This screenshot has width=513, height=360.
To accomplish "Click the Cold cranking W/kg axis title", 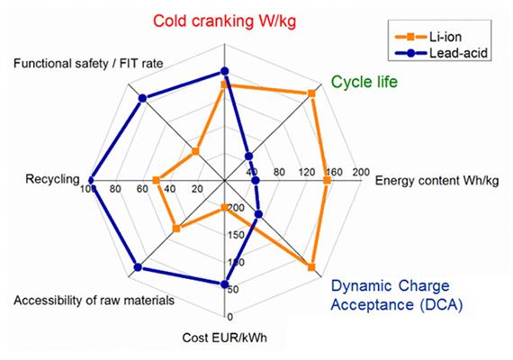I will pyautogui.click(x=226, y=20).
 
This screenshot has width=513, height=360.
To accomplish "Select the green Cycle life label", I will pyautogui.click(x=364, y=82).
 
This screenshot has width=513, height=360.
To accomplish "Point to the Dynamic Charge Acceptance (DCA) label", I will pyautogui.click(x=396, y=296).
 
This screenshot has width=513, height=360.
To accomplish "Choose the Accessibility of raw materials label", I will pyautogui.click(x=94, y=300).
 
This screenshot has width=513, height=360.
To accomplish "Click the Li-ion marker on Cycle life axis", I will pyautogui.click(x=312, y=94).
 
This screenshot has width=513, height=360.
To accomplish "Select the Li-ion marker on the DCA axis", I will pyautogui.click(x=311, y=267).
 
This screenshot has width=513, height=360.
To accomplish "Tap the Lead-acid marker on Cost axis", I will pyautogui.click(x=225, y=284).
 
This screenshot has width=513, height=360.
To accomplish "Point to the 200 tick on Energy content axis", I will pyautogui.click(x=362, y=172).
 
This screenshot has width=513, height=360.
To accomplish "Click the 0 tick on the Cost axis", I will pyautogui.click(x=230, y=316).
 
